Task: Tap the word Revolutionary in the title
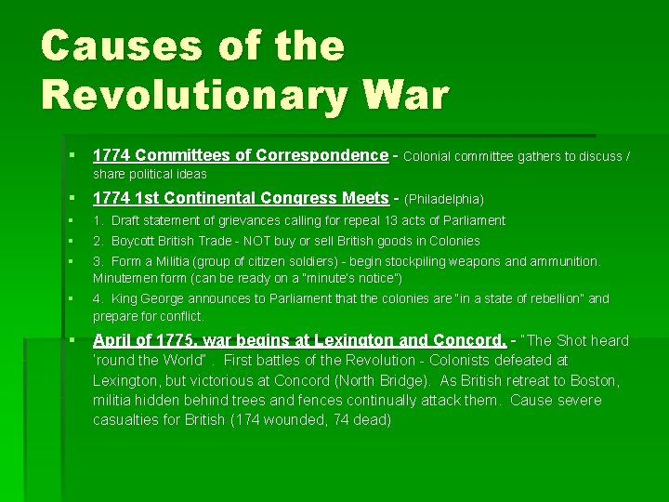(187, 94)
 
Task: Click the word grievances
(268, 221)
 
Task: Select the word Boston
(596, 381)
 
